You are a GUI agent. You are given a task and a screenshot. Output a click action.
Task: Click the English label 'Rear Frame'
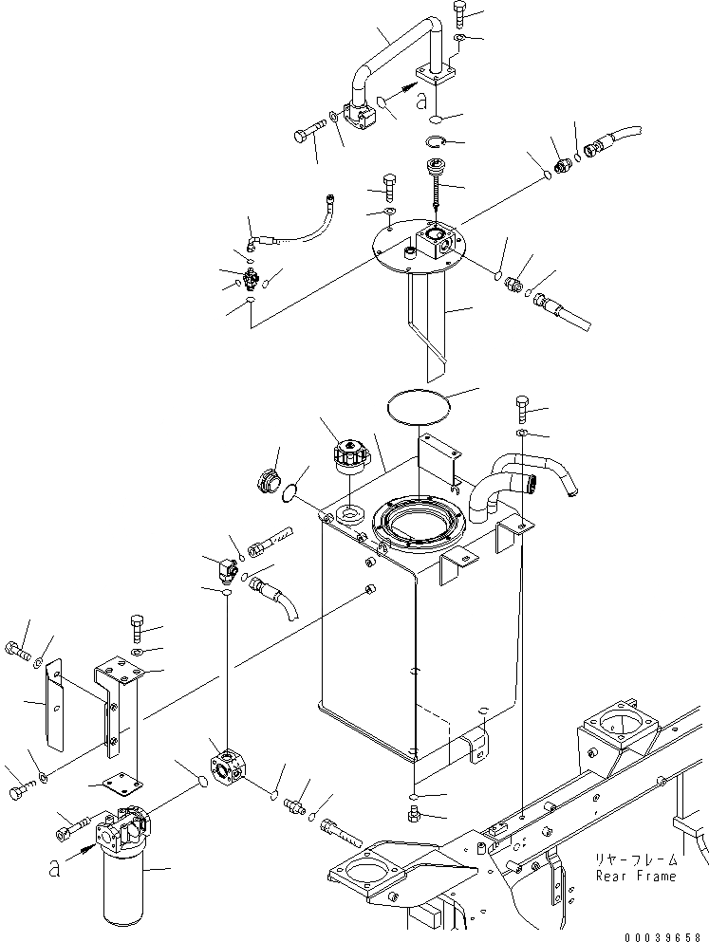point(636,876)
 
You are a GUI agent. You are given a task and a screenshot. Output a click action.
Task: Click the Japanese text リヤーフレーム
point(636,859)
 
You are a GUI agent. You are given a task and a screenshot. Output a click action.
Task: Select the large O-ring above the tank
point(419,409)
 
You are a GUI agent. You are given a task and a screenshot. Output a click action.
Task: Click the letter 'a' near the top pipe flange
point(420,101)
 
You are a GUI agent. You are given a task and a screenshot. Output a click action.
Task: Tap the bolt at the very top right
point(460,13)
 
